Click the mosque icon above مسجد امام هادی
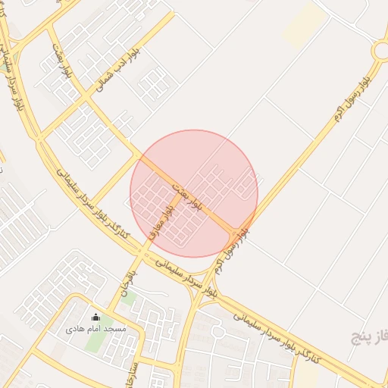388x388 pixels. [96, 317]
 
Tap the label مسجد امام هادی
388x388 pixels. [95, 329]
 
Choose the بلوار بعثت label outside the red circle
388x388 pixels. [63, 61]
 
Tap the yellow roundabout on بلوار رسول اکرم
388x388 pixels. [381, 51]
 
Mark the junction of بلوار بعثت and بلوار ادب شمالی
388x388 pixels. [137, 156]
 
